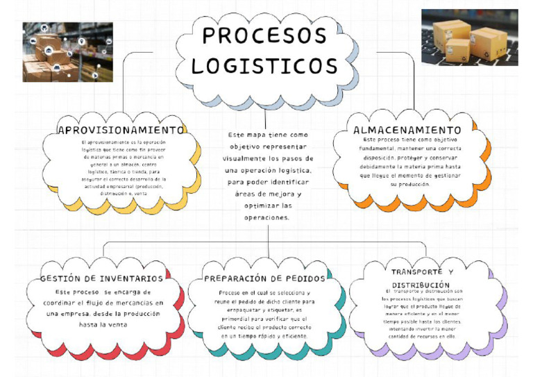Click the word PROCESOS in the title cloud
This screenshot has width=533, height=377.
pos(264,35)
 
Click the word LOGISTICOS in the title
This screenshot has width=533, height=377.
pos(264,66)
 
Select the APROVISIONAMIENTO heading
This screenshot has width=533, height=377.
pos(121,130)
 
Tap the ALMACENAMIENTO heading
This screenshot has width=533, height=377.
pos(407,130)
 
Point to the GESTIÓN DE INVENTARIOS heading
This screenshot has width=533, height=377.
pos(101,278)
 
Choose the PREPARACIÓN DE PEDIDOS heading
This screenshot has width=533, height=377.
pos(264,278)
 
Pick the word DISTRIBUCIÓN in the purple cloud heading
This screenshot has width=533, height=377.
pos(421,285)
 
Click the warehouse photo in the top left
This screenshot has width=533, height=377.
pos(67,51)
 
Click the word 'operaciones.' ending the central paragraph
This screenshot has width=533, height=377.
pos(266,218)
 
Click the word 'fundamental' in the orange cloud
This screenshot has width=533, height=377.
pos(378,149)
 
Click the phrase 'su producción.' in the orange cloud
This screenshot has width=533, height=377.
pos(409,184)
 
